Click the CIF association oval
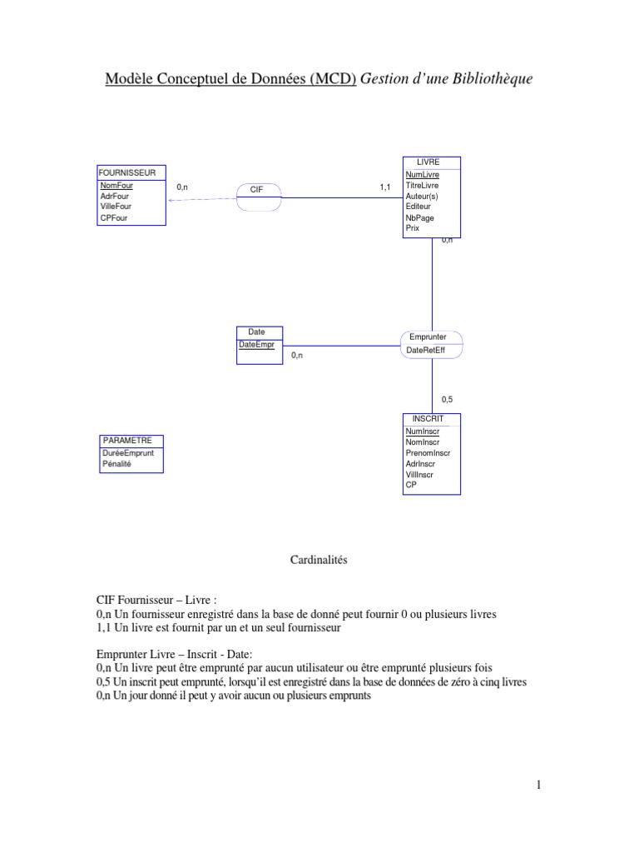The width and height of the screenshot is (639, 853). point(256,190)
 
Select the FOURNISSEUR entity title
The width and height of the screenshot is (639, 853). point(127,172)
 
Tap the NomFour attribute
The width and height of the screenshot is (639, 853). point(116,186)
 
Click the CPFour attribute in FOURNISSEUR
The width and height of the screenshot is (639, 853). point(113,218)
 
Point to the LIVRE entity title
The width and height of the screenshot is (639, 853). point(428,162)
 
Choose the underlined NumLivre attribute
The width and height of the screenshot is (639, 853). point(422,175)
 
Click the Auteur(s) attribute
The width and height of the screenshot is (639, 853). point(422,196)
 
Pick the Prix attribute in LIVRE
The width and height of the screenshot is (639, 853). point(413,227)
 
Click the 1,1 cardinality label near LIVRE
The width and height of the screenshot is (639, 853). point(384,187)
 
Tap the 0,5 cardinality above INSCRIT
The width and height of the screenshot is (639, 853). point(447,400)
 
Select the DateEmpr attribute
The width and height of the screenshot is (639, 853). point(255,343)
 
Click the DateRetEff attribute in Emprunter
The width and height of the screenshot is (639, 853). point(425,351)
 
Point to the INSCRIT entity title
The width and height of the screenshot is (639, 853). point(428,418)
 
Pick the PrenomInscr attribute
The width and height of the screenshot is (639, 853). point(427,453)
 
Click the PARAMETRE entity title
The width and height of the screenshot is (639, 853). point(126,439)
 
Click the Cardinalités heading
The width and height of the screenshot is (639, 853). point(318,561)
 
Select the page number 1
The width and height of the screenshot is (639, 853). point(538,785)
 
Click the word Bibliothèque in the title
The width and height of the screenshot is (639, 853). point(490,79)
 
